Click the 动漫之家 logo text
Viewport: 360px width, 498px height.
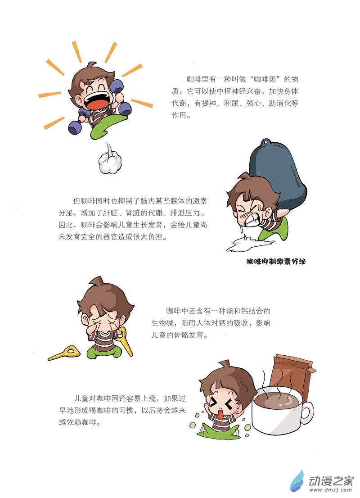point(331,481)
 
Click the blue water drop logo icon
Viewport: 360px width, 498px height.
point(297,481)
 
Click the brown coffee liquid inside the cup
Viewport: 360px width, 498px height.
point(276,400)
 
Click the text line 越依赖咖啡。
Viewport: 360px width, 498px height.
point(79,422)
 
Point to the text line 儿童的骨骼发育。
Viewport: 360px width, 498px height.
point(180,335)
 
